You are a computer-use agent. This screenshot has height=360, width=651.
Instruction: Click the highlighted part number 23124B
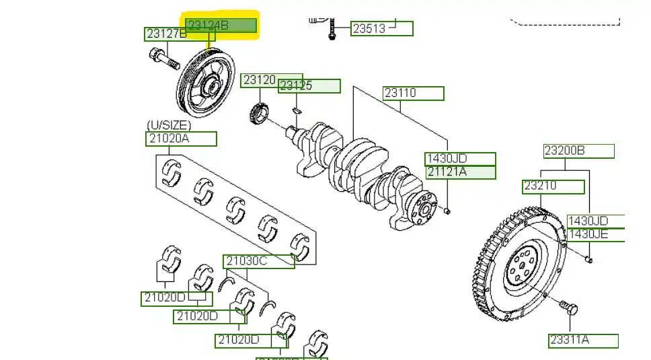221,26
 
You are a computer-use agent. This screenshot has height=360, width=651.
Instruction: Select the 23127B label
166,34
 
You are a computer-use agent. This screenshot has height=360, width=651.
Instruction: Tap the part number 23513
382,28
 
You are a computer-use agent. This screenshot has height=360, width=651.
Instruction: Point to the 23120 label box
260,80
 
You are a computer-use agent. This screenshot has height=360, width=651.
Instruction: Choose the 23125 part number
309,86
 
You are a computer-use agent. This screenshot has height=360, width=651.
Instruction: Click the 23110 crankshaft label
413,93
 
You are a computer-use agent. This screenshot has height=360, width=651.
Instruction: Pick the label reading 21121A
461,172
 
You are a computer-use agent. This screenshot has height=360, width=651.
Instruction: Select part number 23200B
578,151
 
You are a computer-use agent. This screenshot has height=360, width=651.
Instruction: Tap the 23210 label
553,186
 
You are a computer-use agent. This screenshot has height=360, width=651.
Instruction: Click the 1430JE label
596,235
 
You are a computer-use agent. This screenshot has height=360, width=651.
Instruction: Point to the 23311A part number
582,340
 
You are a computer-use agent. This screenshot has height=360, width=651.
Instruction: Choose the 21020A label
181,139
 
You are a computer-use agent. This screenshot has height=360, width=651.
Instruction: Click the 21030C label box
259,261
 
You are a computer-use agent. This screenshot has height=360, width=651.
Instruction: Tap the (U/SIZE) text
169,125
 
